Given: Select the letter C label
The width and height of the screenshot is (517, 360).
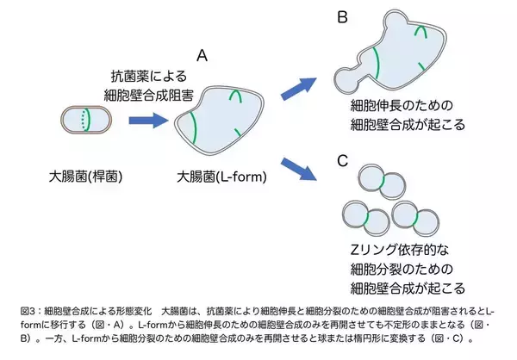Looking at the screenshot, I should pos(342,160).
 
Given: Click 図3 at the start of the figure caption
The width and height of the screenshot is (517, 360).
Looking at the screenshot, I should pos(27,309).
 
